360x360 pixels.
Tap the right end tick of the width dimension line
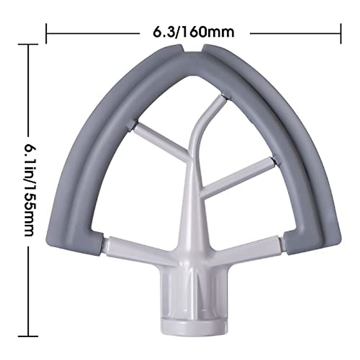(x=340, y=33)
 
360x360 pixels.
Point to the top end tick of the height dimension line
(x=28, y=45)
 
